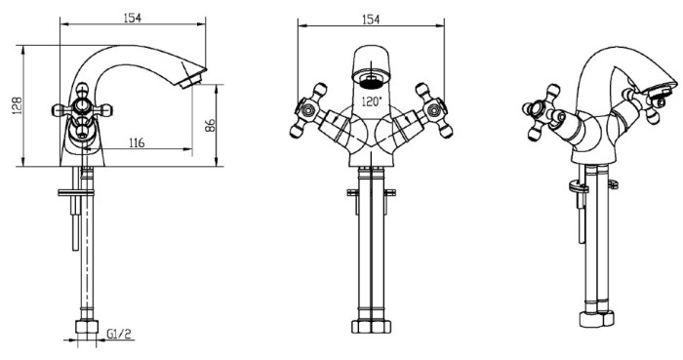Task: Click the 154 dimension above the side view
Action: pos(133,18)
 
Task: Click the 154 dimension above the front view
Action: pos(371,20)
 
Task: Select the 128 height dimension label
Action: pos(17,105)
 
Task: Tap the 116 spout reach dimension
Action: pos(137,142)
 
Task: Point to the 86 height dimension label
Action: pos(210,126)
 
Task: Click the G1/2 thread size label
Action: pos(118,334)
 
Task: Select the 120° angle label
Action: pos(372,101)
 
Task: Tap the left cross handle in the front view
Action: pos(308,110)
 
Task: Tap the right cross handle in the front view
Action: pos(434,110)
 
